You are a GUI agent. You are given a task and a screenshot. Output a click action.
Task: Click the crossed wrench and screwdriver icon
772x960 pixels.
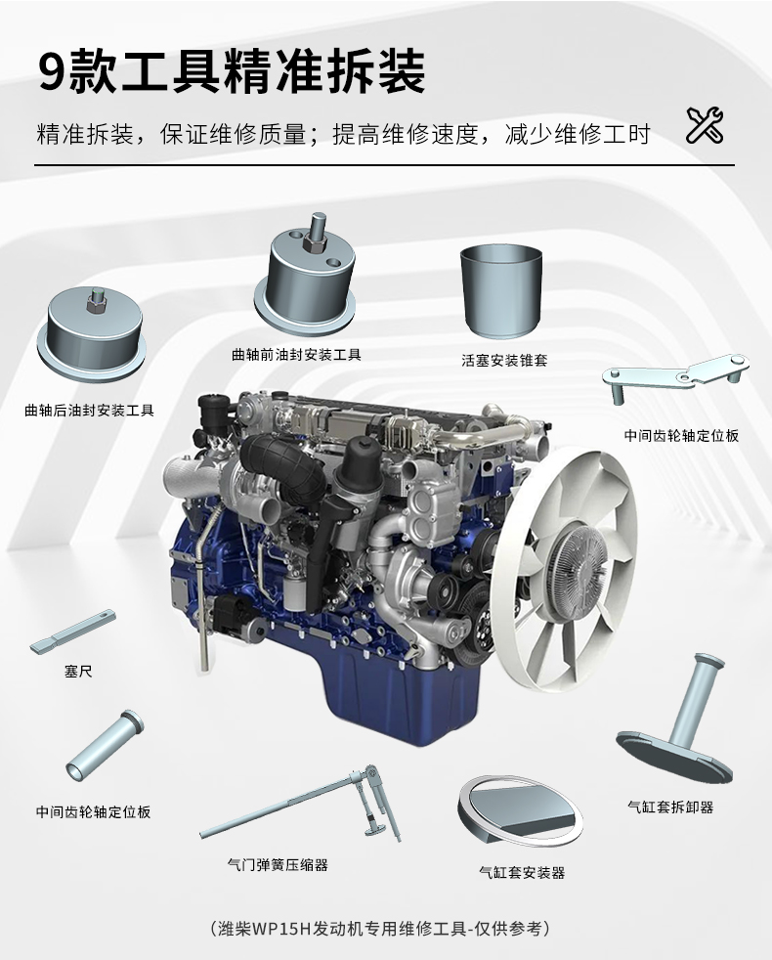tap(704, 125)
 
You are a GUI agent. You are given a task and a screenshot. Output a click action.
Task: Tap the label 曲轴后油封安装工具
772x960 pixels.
tap(89, 411)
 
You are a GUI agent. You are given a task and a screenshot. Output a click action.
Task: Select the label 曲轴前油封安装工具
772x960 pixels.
tap(296, 355)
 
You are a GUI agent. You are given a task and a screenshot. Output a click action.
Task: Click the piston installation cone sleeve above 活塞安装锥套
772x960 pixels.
tap(500, 290)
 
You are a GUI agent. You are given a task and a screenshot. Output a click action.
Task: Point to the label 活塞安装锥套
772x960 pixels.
tap(504, 360)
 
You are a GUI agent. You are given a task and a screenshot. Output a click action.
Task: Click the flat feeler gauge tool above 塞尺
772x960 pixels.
tap(72, 631)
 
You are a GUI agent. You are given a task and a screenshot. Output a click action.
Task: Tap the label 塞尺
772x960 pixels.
tap(78, 672)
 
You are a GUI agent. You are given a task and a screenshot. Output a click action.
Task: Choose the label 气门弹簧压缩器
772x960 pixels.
tap(278, 864)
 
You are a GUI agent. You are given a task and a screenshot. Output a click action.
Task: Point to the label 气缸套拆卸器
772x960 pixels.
tap(671, 807)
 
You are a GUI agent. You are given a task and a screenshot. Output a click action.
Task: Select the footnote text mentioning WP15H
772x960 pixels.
tap(379, 929)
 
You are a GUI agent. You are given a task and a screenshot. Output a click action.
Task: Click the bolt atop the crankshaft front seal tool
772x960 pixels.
tap(318, 233)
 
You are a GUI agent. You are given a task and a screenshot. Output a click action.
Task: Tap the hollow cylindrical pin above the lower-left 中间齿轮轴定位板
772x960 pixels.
tap(105, 745)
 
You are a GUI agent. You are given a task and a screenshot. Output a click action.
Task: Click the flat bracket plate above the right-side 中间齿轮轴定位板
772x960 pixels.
tap(676, 375)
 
